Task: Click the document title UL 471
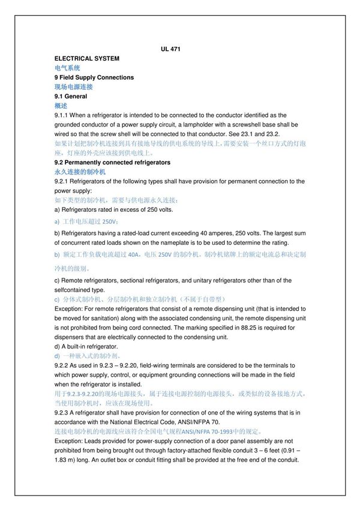pos(171,49)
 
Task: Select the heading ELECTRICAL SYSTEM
pos(86,58)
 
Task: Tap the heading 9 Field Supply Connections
pos(94,77)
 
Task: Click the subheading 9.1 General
pos(70,96)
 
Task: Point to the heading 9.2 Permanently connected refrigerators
pos(112,162)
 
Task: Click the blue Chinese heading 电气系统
pos(67,68)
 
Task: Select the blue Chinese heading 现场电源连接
pos(73,87)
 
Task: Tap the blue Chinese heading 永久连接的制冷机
pos(80,172)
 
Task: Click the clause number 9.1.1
pos(62,115)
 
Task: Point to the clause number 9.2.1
pos(62,181)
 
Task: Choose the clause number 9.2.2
pos(62,365)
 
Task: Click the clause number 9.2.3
pos(62,413)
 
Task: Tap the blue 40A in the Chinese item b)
pos(136,254)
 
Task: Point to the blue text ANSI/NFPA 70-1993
pos(203,431)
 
